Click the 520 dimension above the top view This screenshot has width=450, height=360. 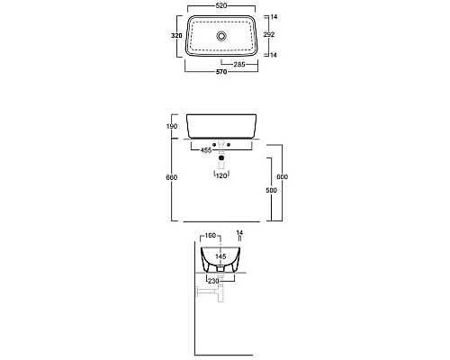221,5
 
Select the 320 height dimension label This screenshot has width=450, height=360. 176,36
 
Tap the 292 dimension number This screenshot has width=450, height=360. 269,34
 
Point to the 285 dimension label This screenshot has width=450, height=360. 239,64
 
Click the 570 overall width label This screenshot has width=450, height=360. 221,72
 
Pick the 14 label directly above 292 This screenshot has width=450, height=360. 274,17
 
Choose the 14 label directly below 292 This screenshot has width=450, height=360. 274,55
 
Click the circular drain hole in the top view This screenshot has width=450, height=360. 221,36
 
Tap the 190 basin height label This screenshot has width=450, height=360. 172,126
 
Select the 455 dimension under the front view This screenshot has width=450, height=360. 206,150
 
